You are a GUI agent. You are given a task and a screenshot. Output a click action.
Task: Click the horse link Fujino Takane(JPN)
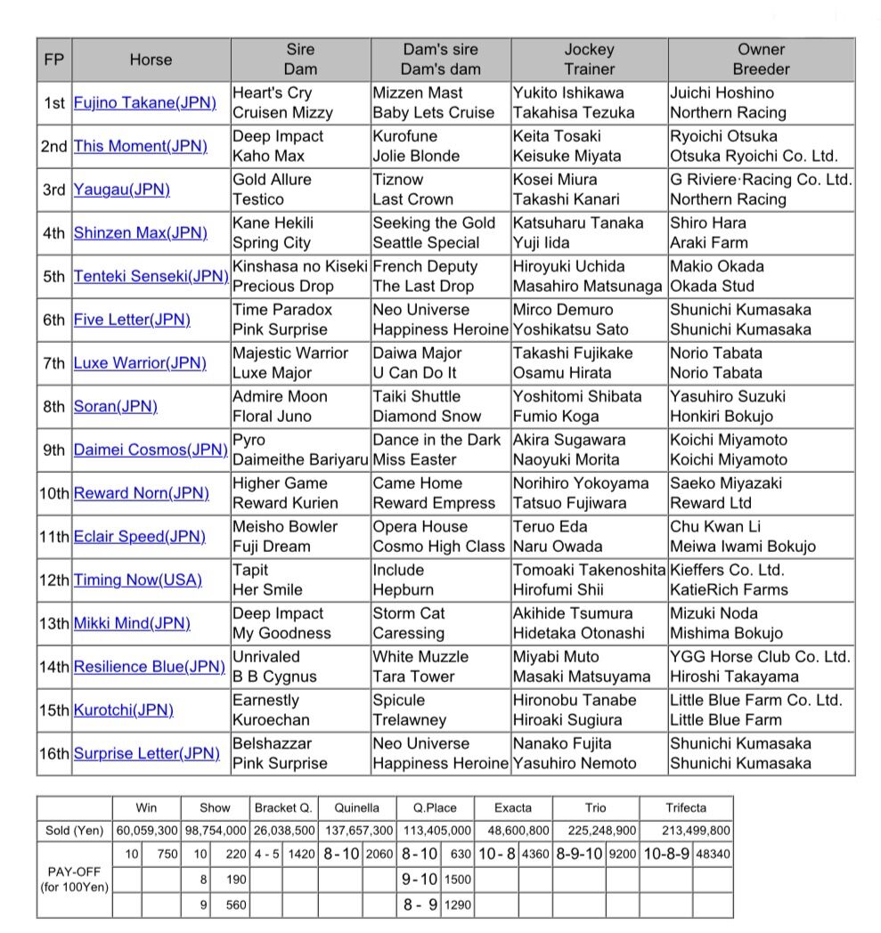[x=144, y=102]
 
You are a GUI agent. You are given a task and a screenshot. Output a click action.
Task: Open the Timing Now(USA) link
[x=137, y=580]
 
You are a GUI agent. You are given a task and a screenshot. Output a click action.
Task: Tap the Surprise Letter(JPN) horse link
[x=146, y=753]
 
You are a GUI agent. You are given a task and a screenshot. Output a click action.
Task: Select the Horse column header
[x=151, y=60]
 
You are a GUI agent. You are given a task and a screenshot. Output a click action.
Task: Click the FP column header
[x=53, y=60]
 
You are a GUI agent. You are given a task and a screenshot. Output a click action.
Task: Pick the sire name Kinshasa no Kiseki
[x=300, y=266]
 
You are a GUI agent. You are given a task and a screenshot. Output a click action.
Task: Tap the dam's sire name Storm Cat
[x=409, y=613]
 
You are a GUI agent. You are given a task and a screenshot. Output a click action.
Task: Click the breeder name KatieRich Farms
[x=729, y=589]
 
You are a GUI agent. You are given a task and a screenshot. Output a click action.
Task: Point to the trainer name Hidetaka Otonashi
[x=578, y=633]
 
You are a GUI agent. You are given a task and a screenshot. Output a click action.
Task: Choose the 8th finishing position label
[x=54, y=407]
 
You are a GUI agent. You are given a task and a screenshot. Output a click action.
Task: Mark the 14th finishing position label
[x=54, y=667]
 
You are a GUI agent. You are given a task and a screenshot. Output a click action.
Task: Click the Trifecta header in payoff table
[x=685, y=808]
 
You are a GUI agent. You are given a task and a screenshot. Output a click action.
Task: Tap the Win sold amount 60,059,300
[x=146, y=831]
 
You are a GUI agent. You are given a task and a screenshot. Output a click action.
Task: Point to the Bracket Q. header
[x=283, y=808]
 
